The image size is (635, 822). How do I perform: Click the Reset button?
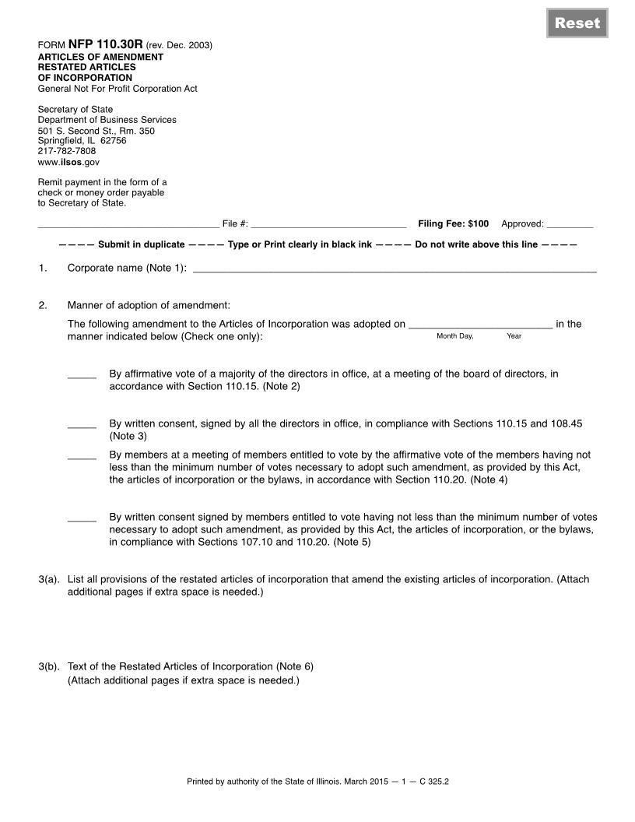coord(577,23)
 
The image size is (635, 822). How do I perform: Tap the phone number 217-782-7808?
coord(67,151)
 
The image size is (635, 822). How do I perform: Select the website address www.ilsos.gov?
coord(68,162)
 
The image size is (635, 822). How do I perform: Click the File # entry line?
coord(328,225)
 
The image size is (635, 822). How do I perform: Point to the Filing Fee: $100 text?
coord(453,224)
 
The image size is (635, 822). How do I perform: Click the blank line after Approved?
coord(570,225)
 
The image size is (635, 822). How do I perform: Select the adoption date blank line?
coord(480,325)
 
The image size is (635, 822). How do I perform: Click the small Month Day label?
coord(454,336)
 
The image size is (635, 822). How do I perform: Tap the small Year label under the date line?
coord(514,336)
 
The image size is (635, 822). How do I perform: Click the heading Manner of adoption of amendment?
coord(149,305)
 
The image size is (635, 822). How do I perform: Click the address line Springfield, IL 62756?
coord(82,141)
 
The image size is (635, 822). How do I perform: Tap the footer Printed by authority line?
coord(317,781)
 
